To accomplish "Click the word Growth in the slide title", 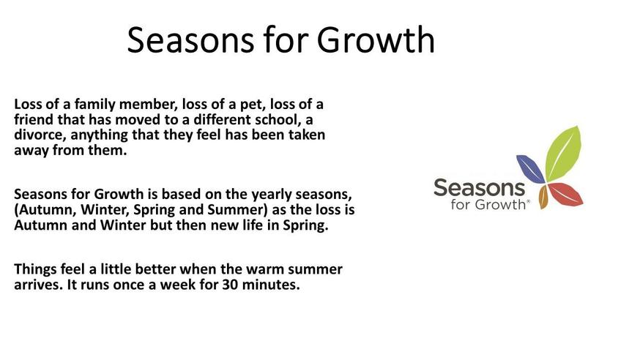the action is tap(376, 40).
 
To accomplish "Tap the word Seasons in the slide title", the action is tap(190, 40).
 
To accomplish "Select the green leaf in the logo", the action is tap(563, 154).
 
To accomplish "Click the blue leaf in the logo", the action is tap(530, 168).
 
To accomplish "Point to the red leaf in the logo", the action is tap(565, 195).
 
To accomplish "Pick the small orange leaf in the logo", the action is tap(543, 197).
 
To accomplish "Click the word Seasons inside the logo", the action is tap(479, 188).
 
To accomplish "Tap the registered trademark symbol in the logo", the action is tap(529, 201).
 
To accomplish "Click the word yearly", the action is tap(272, 195).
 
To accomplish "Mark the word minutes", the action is tap(271, 285).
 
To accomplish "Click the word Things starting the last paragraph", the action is tap(35, 270).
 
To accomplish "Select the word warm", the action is tap(265, 270).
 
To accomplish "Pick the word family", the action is tap(94, 105).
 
